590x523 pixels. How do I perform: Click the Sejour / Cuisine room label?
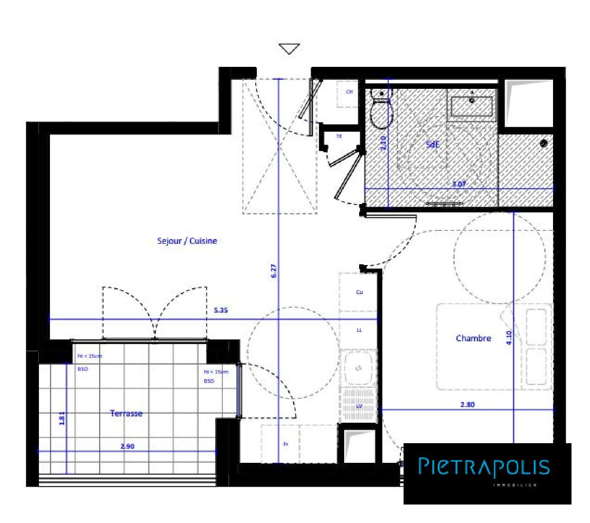(187, 241)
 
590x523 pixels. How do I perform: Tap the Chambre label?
(473, 338)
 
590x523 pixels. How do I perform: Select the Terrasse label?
(126, 413)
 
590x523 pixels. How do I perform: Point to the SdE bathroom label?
(432, 144)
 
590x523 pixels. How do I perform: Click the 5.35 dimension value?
(221, 310)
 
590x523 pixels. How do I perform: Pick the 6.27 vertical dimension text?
(274, 271)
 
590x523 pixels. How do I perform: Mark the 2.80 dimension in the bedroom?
(468, 404)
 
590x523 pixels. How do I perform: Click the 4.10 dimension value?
(509, 337)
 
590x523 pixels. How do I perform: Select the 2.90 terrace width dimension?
(127, 446)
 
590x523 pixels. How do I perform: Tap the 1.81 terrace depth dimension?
(62, 418)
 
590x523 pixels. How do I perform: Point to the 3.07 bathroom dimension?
(459, 184)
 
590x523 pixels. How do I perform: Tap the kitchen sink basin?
(358, 368)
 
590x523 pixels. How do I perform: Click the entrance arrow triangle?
(289, 48)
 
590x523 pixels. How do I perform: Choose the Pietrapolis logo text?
(484, 467)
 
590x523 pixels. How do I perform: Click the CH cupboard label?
(349, 92)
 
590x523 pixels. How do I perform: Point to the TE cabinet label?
(339, 136)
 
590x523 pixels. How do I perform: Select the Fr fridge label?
(286, 444)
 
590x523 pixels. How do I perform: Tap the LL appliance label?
(359, 330)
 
